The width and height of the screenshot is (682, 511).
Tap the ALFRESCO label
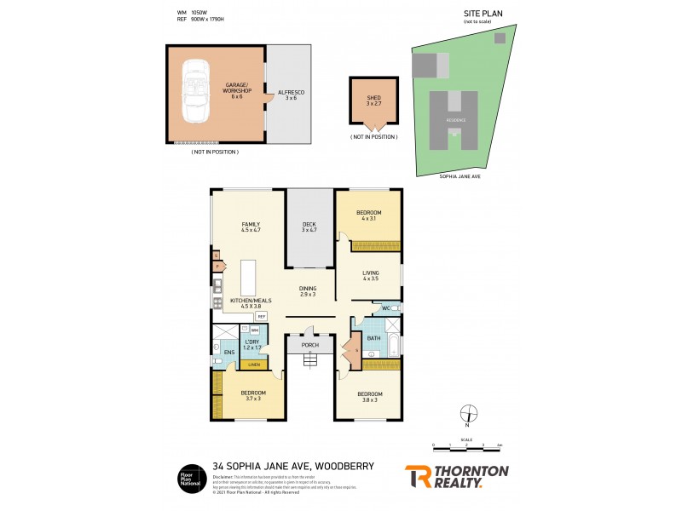[292, 94]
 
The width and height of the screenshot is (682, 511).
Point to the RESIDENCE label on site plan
[456, 120]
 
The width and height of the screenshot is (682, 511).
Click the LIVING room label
[369, 275]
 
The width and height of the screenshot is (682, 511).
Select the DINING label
[308, 290]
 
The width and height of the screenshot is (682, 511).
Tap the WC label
[385, 307]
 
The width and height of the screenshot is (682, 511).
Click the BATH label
[373, 338]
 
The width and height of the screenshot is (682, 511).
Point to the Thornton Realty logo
[455, 476]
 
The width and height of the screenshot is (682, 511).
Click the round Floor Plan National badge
[189, 476]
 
